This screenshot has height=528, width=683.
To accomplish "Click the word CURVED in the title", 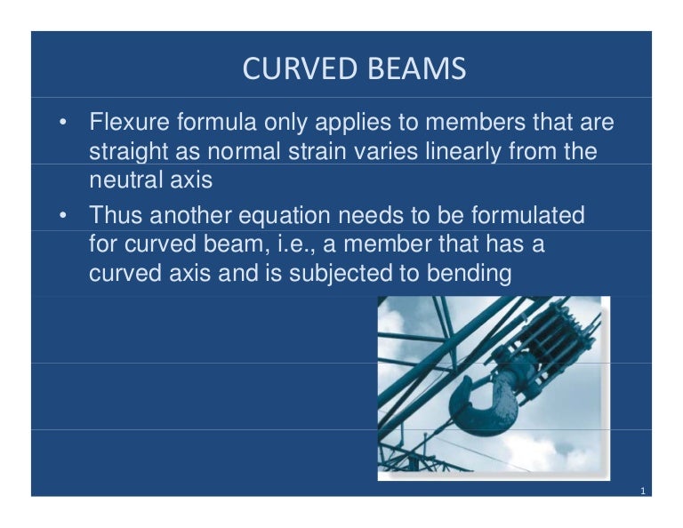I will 293,69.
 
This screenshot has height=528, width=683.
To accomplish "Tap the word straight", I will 126,152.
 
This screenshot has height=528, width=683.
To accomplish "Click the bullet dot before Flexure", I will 61,123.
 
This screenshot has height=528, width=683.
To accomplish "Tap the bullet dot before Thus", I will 61,215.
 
